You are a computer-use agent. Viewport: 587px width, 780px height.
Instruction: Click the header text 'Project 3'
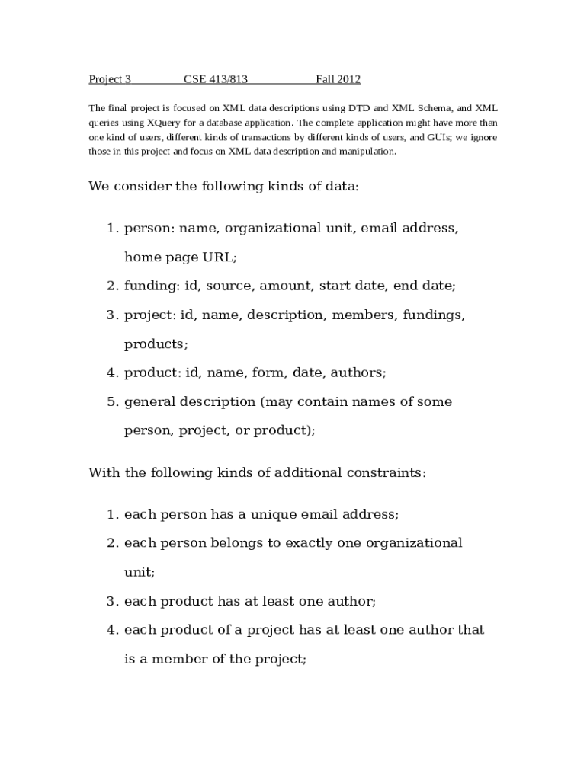pos(110,79)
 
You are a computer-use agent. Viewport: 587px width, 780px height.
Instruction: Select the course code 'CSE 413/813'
pos(216,79)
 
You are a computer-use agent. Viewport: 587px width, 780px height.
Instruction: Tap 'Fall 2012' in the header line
pos(338,79)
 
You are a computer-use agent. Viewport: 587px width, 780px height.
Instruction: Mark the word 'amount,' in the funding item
pos(287,286)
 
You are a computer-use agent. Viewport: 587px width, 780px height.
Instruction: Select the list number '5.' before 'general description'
pos(113,402)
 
